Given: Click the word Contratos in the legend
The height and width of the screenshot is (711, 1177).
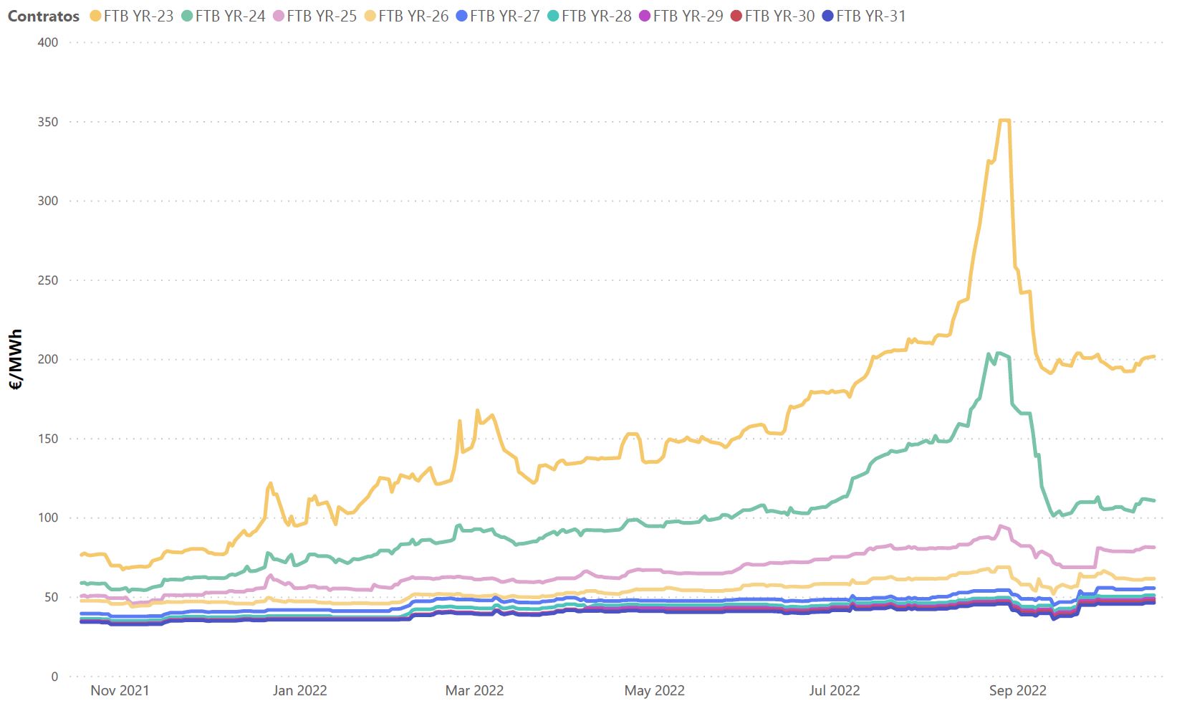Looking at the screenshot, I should coord(44,16).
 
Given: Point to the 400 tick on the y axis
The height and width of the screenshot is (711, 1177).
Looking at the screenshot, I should coord(47,42).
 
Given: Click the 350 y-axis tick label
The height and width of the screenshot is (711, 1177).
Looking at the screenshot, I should coord(47,122).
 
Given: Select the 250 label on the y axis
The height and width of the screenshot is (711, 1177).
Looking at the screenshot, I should coord(47,280).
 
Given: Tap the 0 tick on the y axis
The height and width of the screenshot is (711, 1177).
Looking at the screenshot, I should coord(54,676).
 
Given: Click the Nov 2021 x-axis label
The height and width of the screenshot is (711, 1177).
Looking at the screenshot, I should coord(120,690).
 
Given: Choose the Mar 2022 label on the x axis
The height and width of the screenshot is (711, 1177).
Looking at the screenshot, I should coord(474,690).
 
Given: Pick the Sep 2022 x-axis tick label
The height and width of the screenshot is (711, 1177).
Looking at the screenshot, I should coord(1017,690).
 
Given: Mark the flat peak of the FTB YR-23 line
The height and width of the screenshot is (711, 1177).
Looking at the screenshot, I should coord(1004,120).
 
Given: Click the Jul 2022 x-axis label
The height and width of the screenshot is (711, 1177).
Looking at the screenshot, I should coord(835,690).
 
